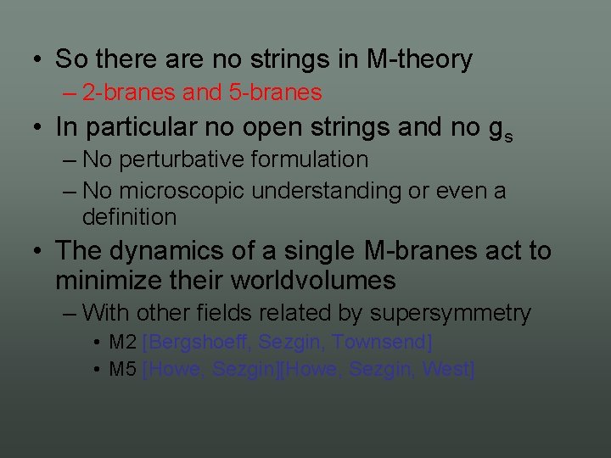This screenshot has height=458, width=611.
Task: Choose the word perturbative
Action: pos(182,159)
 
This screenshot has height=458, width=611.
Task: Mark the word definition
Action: pos(129,217)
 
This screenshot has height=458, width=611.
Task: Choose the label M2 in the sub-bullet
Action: pos(123,343)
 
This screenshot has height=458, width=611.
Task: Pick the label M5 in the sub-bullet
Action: pos(123,370)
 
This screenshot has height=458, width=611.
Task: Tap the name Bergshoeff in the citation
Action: pos(199,343)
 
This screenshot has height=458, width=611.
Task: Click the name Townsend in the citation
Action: pos(382,343)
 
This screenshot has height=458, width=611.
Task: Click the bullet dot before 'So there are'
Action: pos(38,60)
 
